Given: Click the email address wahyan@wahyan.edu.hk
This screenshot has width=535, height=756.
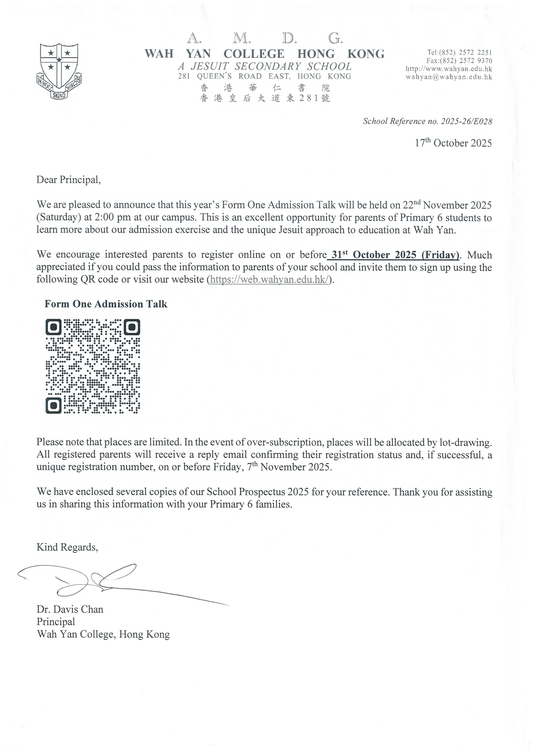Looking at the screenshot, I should [x=449, y=77].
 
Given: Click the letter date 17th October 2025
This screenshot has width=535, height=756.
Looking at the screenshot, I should [x=453, y=143].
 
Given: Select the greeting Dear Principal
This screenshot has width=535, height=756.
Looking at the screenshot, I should [x=69, y=180].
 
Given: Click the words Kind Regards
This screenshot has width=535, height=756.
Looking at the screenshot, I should [x=67, y=547].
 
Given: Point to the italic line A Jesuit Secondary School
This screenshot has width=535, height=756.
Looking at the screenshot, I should [x=265, y=66].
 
